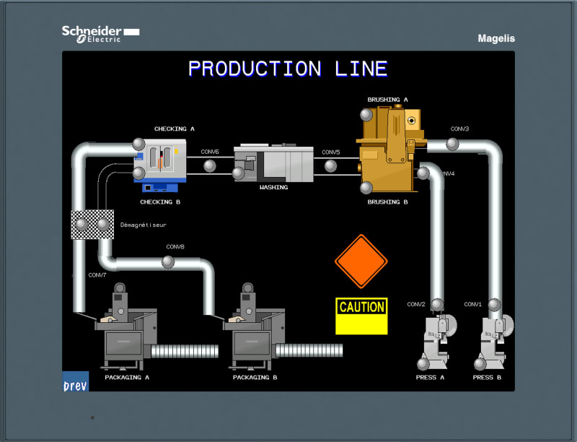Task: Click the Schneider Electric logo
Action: [x=100, y=34]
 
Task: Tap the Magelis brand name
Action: [x=496, y=38]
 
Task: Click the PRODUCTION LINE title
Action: [x=288, y=69]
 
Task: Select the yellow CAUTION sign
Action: [x=361, y=316]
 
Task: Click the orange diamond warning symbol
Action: [x=361, y=261]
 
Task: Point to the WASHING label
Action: [x=274, y=187]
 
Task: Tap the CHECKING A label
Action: [x=175, y=129]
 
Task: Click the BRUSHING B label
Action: [x=387, y=201]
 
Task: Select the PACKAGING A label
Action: [x=127, y=377]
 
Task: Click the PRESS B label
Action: [x=487, y=377]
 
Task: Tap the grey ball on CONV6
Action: [x=210, y=166]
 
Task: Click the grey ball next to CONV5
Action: [x=330, y=166]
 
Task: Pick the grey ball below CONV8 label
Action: [x=168, y=262]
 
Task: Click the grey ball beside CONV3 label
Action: [x=452, y=144]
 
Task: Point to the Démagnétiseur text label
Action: [x=144, y=225]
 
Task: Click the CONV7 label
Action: [x=97, y=275]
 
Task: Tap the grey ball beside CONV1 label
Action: [x=494, y=305]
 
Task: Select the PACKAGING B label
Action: [x=255, y=377]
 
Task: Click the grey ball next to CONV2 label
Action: [x=437, y=305]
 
